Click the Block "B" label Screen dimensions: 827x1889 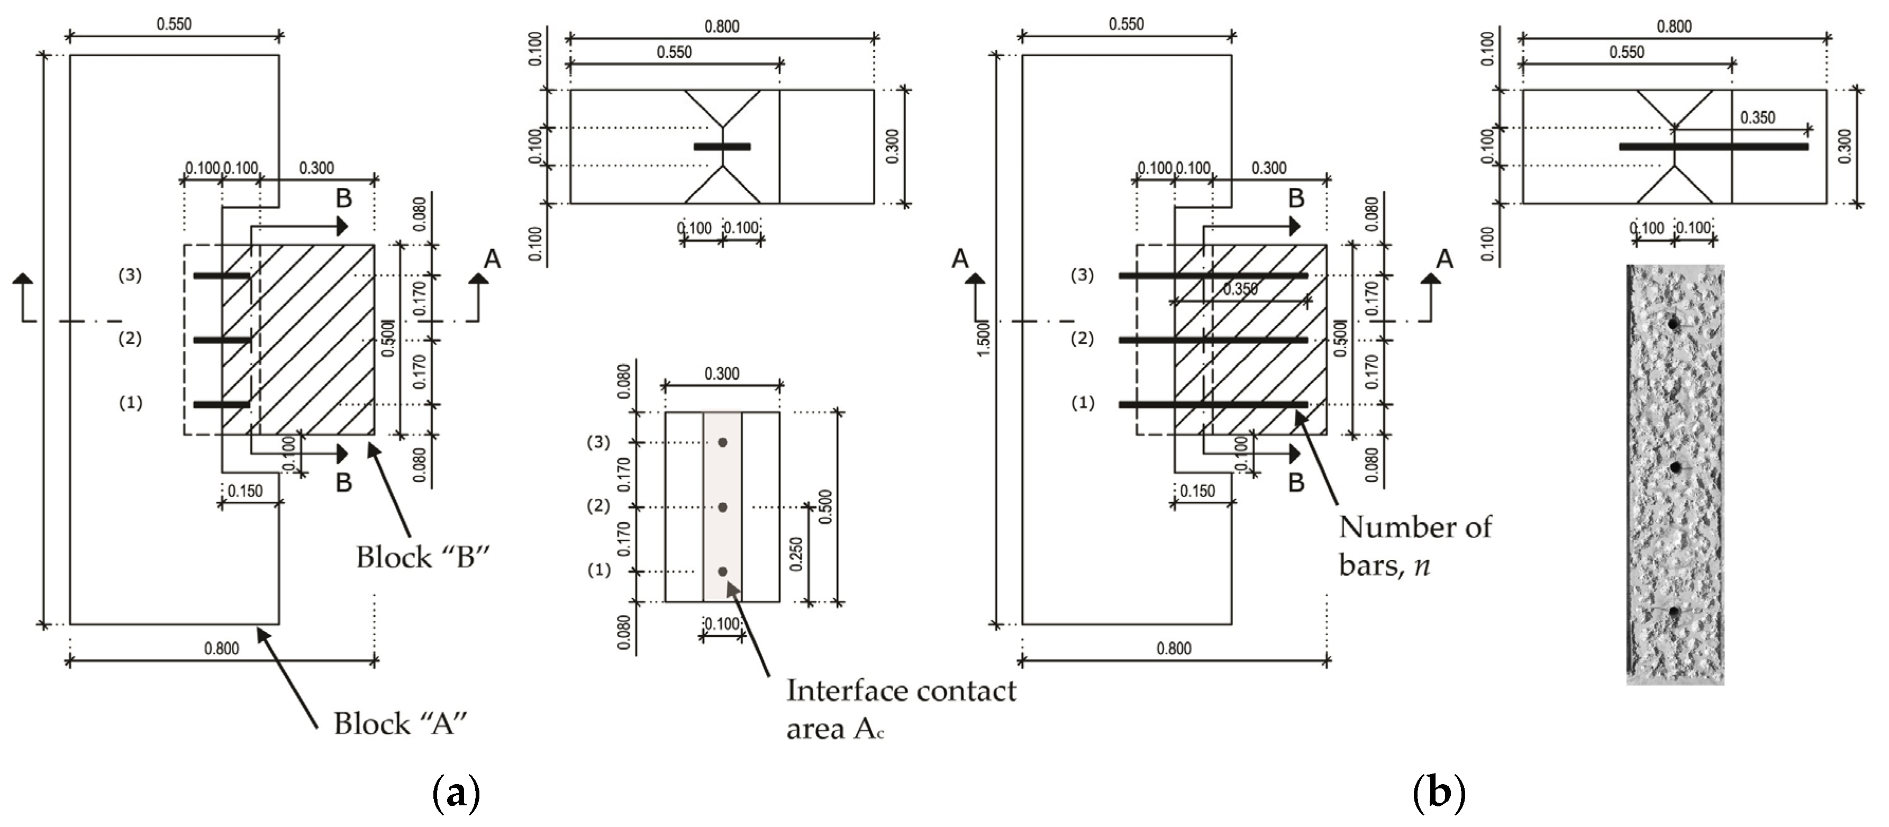pos(422,558)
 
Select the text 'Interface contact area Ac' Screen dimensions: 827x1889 pos(901,709)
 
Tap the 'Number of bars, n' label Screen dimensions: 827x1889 pos(1414,546)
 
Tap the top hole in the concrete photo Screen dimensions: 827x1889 pos(1673,323)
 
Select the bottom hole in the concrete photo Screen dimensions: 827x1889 pos(1674,612)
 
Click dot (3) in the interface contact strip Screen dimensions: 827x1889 pos(722,442)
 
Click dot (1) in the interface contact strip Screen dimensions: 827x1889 pos(722,571)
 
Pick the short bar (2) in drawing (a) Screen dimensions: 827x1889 pos(222,340)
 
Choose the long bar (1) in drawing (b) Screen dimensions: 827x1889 pos(1213,404)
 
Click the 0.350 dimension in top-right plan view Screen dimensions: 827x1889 pos(1757,117)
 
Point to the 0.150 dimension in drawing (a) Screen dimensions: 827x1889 pos(245,490)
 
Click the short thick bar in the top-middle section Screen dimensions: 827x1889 pos(722,147)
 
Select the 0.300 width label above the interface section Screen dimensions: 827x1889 pos(722,374)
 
